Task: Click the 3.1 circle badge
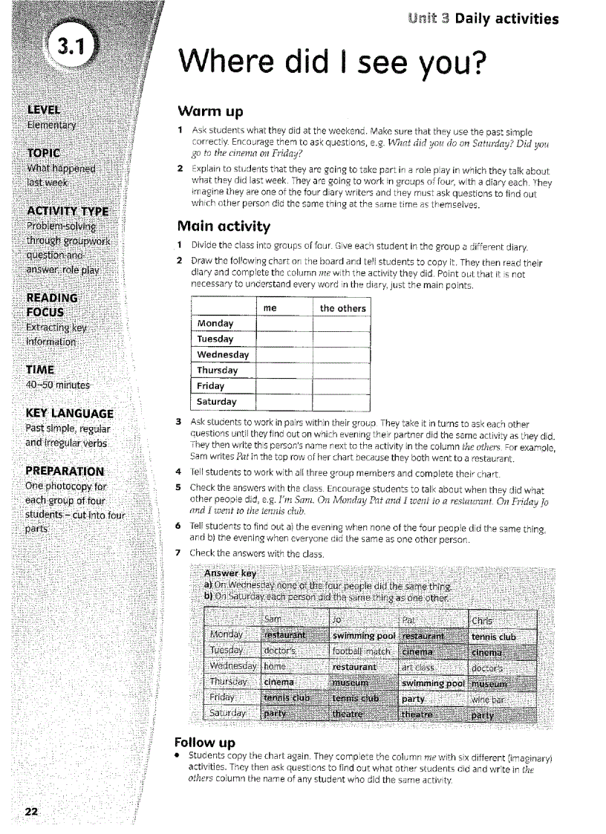(x=73, y=48)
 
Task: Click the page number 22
(x=31, y=811)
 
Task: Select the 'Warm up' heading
(x=211, y=112)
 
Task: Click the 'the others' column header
(x=342, y=308)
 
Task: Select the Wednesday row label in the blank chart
(x=223, y=354)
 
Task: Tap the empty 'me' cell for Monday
(x=284, y=323)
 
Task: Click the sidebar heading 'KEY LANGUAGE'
(x=69, y=413)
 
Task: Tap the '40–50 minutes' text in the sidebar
(x=58, y=385)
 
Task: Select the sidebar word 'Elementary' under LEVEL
(x=51, y=125)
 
